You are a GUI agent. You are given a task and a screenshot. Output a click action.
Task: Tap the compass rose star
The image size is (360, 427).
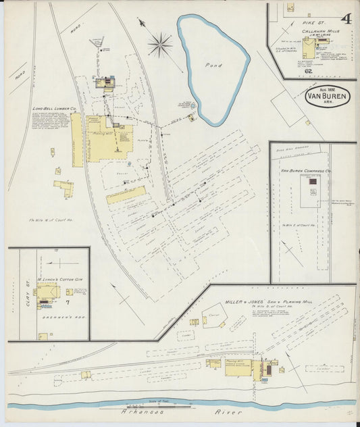[159, 45]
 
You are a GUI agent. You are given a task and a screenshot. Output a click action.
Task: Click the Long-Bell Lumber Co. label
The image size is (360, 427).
[53, 108]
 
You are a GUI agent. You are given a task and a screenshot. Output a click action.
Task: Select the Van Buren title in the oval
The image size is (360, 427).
[328, 97]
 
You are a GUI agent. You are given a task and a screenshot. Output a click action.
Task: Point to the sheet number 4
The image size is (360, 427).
[346, 18]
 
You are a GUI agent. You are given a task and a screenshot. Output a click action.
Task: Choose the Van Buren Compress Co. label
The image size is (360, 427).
[306, 172]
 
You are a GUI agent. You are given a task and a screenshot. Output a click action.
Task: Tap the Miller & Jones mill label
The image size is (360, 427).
[267, 295]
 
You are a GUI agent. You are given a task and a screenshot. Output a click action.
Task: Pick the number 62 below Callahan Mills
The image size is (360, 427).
[308, 70]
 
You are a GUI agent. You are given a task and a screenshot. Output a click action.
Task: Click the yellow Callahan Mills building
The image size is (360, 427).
[309, 48]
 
